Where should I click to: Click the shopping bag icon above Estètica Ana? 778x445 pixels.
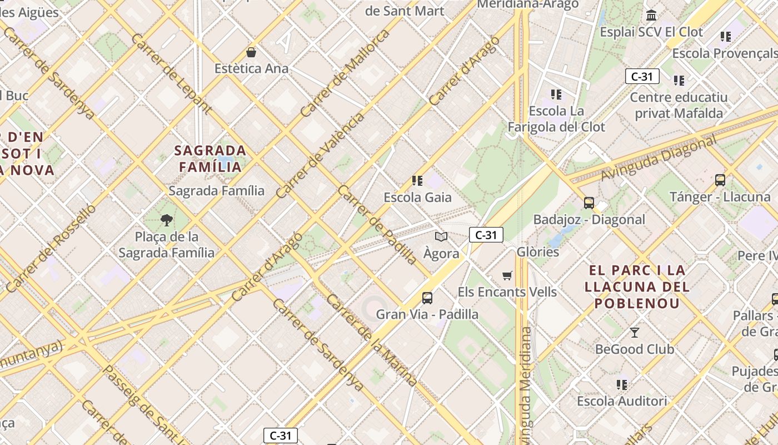(x=251, y=53)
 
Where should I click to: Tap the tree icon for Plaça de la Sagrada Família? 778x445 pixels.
(x=166, y=220)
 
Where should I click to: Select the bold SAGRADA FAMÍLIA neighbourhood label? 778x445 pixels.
(x=211, y=159)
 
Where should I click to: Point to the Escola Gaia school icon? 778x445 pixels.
(x=417, y=181)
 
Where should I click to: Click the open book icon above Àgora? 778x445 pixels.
(x=441, y=237)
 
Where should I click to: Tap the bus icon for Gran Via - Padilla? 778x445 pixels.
(x=427, y=298)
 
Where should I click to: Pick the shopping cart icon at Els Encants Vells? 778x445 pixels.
(x=507, y=276)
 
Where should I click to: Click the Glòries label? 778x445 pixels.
(x=537, y=252)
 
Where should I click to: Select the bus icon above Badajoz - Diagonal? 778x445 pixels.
(x=589, y=203)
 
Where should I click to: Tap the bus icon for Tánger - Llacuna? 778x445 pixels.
(x=720, y=180)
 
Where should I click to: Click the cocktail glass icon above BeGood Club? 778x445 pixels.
(x=634, y=333)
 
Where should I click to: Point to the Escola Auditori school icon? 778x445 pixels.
(x=622, y=384)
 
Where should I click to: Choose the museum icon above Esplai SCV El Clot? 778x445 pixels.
(x=651, y=15)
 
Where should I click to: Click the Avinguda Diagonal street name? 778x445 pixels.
(x=659, y=159)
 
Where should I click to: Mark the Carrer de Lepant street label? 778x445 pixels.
(x=171, y=73)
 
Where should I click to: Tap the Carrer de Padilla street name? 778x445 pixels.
(x=377, y=224)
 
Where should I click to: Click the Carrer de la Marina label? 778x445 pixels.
(x=372, y=340)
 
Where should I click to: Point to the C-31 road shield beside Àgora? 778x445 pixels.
(x=486, y=235)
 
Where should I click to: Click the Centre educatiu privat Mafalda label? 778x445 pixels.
(x=679, y=105)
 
